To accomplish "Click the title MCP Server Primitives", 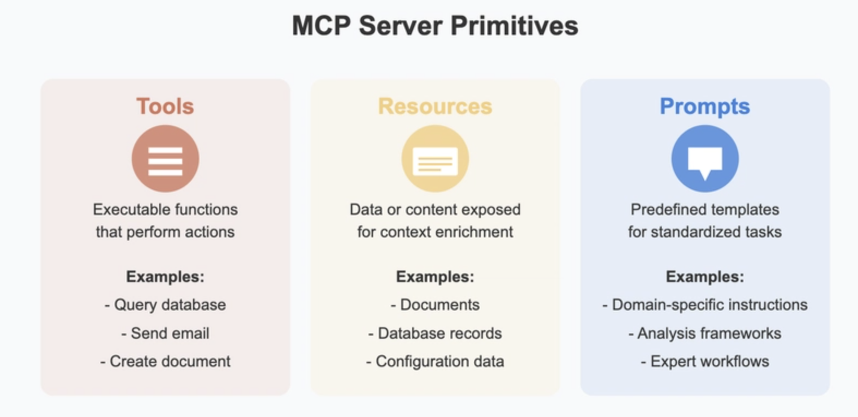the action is [435, 26].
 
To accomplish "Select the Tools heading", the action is [165, 106].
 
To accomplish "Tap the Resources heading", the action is [435, 106].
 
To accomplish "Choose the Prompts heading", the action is [705, 106].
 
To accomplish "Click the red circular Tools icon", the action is [166, 158].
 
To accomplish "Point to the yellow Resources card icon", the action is [435, 158].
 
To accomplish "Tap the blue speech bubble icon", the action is [705, 158].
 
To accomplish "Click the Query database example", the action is [165, 305].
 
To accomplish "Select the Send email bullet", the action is [165, 333].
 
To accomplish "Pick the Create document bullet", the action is [165, 361].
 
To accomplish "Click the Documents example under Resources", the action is [435, 305].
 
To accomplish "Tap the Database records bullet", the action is [435, 333].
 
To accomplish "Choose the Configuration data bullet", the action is [435, 362].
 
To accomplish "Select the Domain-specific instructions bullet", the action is [705, 305].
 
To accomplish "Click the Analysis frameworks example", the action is [705, 333].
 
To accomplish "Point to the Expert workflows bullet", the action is [705, 362].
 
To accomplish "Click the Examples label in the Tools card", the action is [165, 277].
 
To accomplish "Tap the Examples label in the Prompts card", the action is [705, 277].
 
